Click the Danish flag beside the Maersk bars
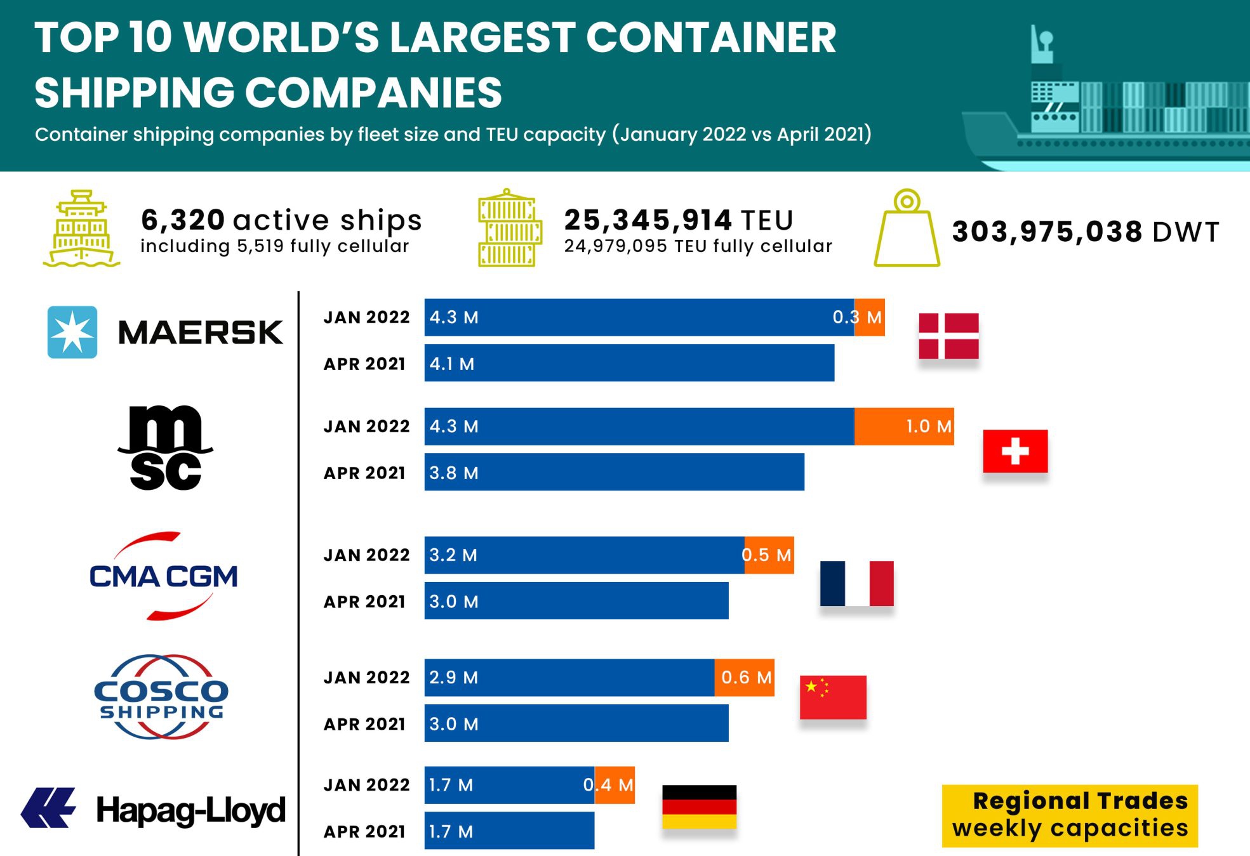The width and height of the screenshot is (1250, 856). [x=948, y=336]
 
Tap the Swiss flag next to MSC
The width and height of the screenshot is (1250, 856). [x=1014, y=451]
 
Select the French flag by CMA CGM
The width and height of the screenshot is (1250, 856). [x=856, y=583]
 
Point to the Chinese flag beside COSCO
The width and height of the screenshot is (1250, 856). [x=832, y=697]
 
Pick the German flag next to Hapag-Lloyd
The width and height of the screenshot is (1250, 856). [x=699, y=807]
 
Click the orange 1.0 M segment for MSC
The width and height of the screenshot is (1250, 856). [x=904, y=426]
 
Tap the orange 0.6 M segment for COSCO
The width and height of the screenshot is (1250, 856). [x=744, y=678]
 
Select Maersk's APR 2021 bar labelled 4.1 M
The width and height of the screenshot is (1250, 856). [x=628, y=363]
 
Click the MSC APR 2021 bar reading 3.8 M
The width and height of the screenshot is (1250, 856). [x=614, y=472]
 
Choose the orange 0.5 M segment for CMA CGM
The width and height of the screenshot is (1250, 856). [x=769, y=555]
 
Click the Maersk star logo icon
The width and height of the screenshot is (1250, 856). [x=72, y=332]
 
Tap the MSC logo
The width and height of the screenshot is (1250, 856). [x=165, y=448]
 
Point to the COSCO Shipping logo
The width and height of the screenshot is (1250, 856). [x=161, y=697]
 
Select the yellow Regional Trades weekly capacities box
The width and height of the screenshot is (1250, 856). [x=1070, y=815]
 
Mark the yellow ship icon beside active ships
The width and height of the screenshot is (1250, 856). [x=81, y=228]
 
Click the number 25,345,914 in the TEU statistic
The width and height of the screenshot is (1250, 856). [x=648, y=220]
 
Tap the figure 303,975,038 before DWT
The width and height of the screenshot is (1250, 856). [x=1047, y=232]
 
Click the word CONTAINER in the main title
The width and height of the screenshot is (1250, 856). [x=710, y=37]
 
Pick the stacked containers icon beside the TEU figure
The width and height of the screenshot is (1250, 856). [x=510, y=228]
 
